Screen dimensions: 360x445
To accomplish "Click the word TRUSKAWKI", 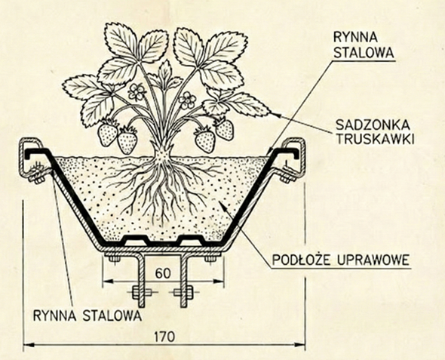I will [370, 141].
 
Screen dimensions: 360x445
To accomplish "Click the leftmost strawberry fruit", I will [108, 134].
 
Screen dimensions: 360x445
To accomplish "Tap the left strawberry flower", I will [137, 93].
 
